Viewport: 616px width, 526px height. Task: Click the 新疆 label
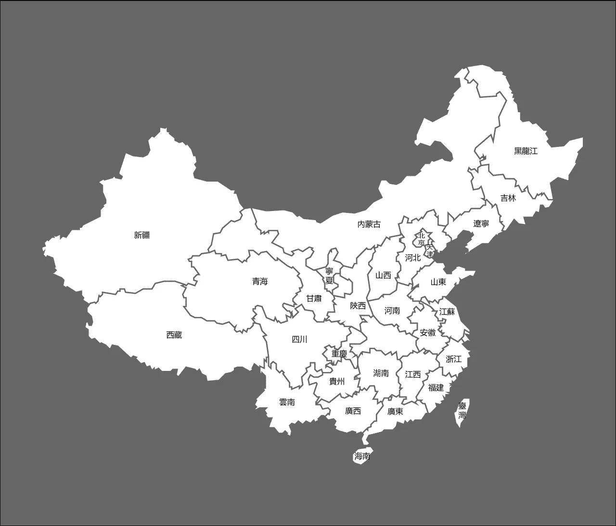point(142,235)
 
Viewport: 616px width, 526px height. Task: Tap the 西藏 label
point(174,335)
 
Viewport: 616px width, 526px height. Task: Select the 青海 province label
point(260,281)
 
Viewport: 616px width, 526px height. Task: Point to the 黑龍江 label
point(526,151)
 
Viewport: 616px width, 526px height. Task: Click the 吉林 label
point(508,198)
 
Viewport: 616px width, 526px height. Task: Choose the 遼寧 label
point(481,224)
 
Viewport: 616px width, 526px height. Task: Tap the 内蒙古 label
point(369,224)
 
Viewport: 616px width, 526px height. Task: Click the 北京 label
point(422,239)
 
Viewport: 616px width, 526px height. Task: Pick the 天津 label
point(430,250)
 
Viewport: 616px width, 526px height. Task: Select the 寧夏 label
point(329,276)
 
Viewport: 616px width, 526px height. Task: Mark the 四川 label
point(299,339)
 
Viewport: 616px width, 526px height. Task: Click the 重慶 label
point(339,354)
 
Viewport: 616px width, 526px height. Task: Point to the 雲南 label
point(287,402)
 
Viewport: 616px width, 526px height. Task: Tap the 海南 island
point(362,456)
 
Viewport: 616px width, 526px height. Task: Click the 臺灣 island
point(462,411)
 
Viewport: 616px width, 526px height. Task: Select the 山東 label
point(438,282)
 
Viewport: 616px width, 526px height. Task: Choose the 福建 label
point(436,387)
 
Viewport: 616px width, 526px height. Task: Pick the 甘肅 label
point(314,299)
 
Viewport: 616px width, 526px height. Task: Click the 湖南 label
point(381,373)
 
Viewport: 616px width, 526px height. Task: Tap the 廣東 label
point(395,411)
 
